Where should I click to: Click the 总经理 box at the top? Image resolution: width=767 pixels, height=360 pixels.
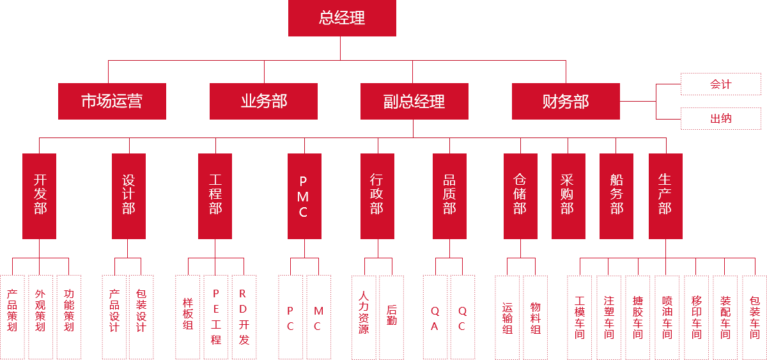click(x=342, y=19)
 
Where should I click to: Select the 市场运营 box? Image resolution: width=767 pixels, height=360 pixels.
click(x=112, y=101)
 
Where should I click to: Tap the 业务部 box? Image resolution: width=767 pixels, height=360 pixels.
click(x=263, y=101)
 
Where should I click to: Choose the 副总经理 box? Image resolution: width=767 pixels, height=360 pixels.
click(x=414, y=101)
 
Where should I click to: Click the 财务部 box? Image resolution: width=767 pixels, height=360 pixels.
click(x=565, y=101)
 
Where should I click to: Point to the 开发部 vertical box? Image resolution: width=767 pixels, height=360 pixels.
click(x=39, y=196)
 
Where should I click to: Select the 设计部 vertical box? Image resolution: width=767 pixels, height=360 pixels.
click(x=128, y=196)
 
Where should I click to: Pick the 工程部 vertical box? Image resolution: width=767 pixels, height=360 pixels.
click(x=215, y=196)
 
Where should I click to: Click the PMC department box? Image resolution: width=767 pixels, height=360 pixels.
click(x=304, y=196)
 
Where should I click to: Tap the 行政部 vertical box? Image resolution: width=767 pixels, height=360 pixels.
click(x=376, y=196)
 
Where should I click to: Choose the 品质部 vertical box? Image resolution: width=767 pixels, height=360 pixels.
click(x=449, y=196)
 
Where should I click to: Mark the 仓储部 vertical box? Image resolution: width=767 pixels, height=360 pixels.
click(x=520, y=196)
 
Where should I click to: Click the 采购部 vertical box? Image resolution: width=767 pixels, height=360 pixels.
click(x=568, y=196)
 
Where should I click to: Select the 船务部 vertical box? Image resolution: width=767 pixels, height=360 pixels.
click(x=616, y=196)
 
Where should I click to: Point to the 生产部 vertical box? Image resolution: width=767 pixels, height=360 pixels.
click(x=665, y=196)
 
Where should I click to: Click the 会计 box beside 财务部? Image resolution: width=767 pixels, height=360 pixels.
click(x=720, y=84)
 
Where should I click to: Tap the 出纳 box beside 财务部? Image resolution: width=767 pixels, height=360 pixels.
click(x=720, y=118)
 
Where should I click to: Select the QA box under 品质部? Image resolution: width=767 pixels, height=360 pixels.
click(x=435, y=317)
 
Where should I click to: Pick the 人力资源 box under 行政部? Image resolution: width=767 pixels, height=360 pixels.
click(x=364, y=317)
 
